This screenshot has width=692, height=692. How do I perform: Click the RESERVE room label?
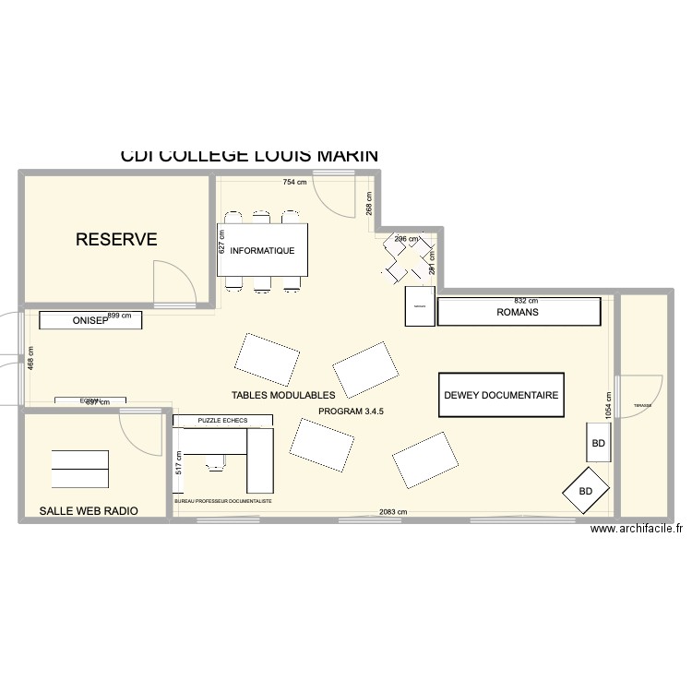click(x=116, y=240)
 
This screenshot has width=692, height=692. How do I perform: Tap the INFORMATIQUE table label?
click(x=262, y=250)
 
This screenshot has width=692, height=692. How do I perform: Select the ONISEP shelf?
click(x=90, y=321)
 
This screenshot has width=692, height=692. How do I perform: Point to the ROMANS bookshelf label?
click(x=517, y=313)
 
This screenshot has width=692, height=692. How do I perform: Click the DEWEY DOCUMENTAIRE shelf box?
click(x=501, y=395)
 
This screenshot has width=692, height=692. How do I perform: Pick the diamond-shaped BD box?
click(x=586, y=491)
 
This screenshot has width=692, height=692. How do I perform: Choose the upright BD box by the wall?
click(x=598, y=444)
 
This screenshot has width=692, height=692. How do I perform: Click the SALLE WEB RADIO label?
click(x=89, y=510)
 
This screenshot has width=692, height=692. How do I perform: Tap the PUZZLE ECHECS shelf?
click(x=222, y=421)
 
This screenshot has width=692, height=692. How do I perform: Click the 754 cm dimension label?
click(x=294, y=183)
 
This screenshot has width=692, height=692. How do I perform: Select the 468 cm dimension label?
click(x=30, y=358)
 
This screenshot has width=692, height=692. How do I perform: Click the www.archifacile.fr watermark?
click(x=637, y=529)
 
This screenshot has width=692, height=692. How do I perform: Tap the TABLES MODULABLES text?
click(x=283, y=395)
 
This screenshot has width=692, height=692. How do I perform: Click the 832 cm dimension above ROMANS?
click(x=526, y=301)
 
